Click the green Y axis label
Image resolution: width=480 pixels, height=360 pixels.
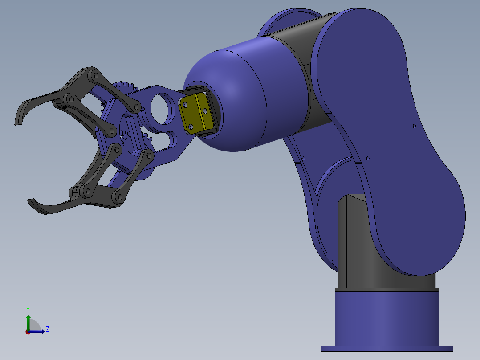28,309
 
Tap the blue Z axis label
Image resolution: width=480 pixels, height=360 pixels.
47,329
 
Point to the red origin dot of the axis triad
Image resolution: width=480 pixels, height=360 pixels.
28,332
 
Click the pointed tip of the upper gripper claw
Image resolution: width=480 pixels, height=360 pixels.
17,123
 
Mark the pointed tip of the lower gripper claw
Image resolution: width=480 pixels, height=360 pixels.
30,201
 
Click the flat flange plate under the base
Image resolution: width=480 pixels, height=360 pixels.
386,348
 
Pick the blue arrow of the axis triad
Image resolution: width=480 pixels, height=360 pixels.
38,331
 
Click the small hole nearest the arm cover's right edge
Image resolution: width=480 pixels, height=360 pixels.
414,126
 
